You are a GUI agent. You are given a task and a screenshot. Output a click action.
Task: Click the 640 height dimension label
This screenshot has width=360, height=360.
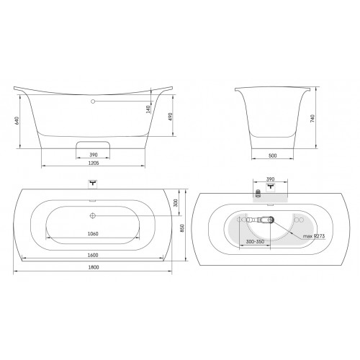[x=17, y=120]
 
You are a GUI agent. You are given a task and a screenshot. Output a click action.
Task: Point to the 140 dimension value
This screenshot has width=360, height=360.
[x=148, y=109]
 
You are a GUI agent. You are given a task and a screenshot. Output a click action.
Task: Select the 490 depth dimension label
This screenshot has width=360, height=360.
[x=171, y=117]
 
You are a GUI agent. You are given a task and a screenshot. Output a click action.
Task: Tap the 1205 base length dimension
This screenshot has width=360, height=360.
[x=94, y=163]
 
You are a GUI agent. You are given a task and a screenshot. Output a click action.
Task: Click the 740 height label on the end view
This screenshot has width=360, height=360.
[x=312, y=119]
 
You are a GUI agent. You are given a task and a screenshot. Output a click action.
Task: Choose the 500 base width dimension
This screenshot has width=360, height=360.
[x=273, y=156]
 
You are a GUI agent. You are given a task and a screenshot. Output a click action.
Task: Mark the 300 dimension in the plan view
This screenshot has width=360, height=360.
[x=176, y=203]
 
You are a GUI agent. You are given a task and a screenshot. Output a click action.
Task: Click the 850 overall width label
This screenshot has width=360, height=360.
[x=182, y=228]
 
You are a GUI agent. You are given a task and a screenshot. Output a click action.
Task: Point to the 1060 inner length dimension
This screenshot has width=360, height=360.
[x=93, y=233]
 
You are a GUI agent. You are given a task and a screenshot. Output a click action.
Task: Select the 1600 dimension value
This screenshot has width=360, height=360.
[x=93, y=255]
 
